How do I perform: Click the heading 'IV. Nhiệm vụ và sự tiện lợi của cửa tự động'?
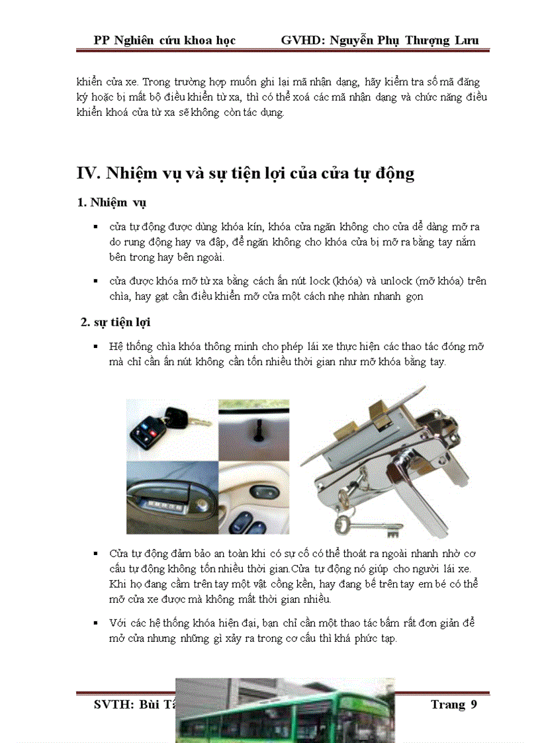pos(246,173)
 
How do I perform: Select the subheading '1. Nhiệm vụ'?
pos(116,202)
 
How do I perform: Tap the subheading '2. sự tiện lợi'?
pos(115,322)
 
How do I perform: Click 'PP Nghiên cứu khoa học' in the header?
pos(165,40)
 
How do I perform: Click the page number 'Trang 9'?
pos(453,704)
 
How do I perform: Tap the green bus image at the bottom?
pos(285,712)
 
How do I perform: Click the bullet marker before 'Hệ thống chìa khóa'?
pos(97,347)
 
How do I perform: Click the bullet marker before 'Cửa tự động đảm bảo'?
pos(97,552)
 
